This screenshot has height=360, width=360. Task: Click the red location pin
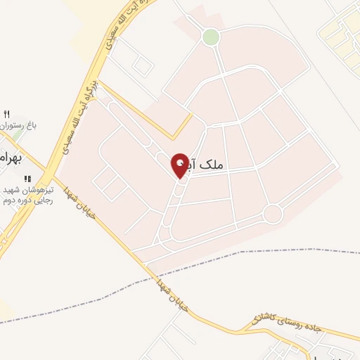(180, 165)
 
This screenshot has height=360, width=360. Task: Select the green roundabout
(210, 37)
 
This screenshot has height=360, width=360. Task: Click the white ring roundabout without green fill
(272, 214)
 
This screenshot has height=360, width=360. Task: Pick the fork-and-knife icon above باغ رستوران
(8, 115)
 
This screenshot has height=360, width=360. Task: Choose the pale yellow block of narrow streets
(341, 32)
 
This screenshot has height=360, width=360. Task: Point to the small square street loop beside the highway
(143, 65)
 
